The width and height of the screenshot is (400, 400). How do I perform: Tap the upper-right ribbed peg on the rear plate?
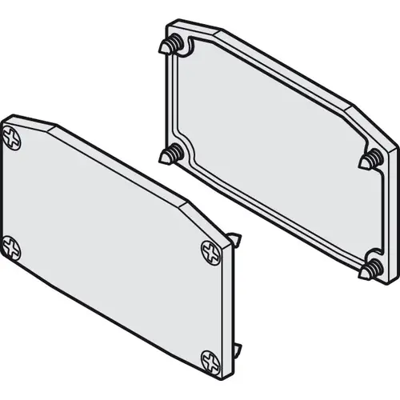click(369, 161)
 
